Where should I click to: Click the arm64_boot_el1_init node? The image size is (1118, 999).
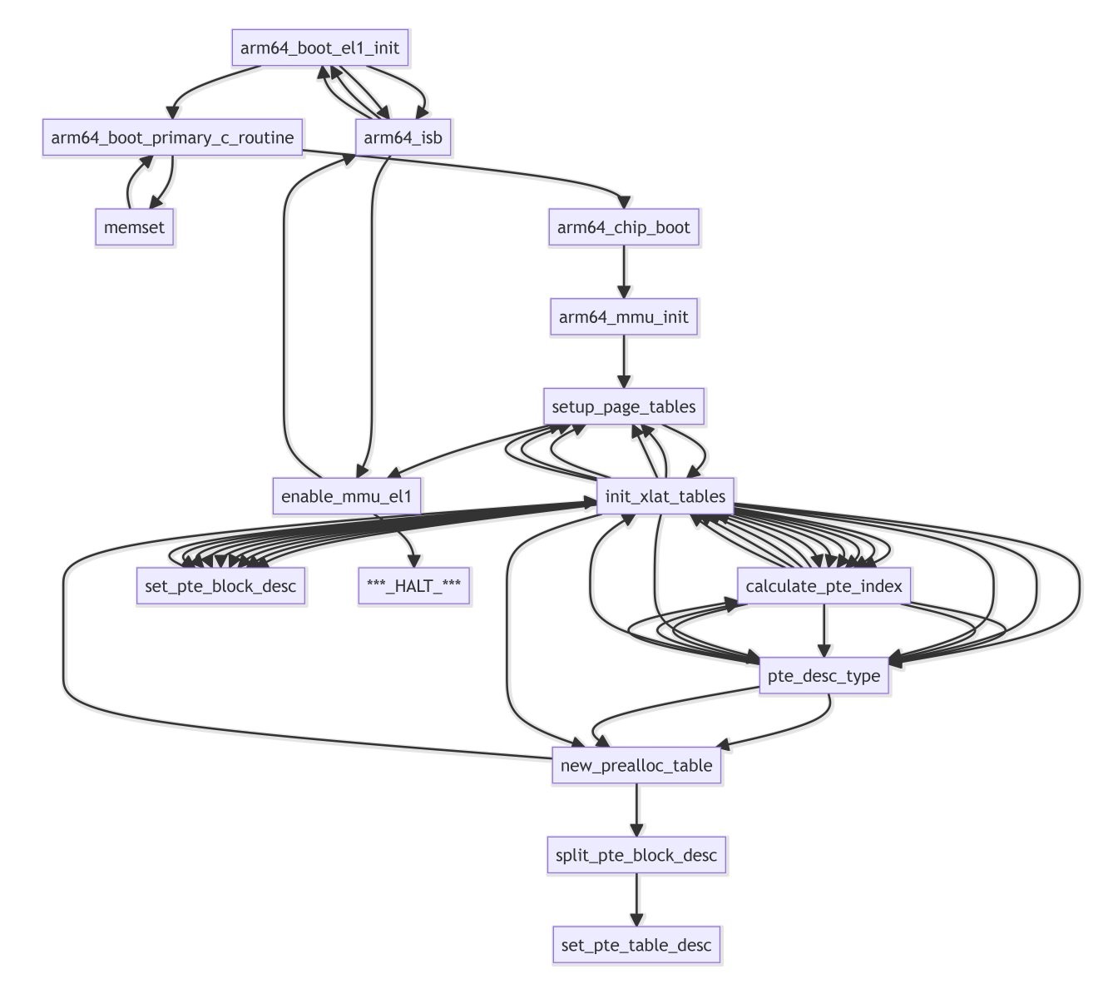[320, 47]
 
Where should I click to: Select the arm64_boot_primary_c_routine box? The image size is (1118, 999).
[172, 137]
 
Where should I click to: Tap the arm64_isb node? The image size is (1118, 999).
[403, 137]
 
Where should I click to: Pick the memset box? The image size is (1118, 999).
[135, 227]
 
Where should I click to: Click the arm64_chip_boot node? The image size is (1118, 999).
[624, 227]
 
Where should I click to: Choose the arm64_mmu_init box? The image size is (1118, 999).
[624, 317]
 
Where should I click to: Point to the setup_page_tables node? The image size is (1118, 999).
[624, 407]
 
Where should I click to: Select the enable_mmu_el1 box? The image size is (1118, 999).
[347, 497]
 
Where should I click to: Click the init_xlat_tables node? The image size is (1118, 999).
[665, 497]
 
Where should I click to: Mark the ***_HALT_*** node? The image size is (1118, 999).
[413, 586]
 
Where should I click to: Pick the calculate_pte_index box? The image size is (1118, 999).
[824, 586]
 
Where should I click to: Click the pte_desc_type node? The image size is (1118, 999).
[824, 676]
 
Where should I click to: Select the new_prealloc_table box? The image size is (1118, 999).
[636, 765]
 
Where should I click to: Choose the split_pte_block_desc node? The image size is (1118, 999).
[636, 855]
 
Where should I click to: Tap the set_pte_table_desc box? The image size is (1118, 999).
[636, 945]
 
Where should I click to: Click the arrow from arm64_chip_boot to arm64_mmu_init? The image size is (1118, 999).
[624, 272]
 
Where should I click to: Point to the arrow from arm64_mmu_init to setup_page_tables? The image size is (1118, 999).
[624, 362]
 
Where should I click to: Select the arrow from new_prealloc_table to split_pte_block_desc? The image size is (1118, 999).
[636, 810]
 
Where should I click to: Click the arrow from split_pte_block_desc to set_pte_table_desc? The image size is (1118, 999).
[636, 900]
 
